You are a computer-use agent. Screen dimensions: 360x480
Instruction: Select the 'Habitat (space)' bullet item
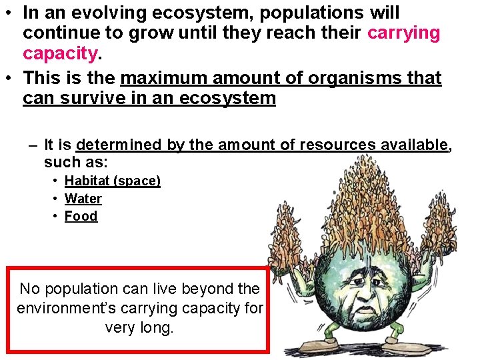click(112, 181)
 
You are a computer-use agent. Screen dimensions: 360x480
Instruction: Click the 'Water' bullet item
click(83, 199)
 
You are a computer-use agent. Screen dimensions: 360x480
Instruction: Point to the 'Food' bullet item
click(81, 216)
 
